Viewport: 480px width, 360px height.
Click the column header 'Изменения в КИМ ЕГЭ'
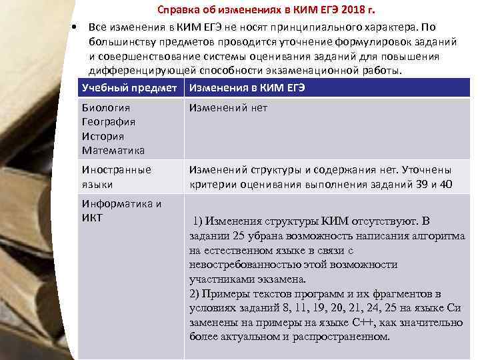(x=247, y=88)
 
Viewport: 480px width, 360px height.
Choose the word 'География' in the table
(x=109, y=121)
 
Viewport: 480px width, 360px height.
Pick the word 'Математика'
(x=113, y=151)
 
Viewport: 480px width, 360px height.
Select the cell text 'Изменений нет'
(x=228, y=107)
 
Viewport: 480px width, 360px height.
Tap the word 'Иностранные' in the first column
(x=116, y=170)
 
